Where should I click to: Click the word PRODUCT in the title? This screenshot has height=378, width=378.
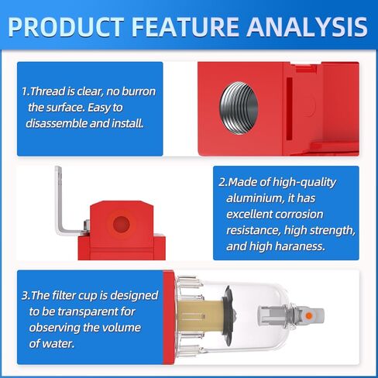(66, 27)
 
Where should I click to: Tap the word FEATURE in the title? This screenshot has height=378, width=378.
(185, 27)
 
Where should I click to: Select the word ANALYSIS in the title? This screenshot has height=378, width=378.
(308, 27)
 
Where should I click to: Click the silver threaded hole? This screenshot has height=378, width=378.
(239, 108)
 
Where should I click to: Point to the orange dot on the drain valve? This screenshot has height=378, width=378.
(309, 316)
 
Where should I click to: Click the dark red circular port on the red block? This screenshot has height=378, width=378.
(121, 224)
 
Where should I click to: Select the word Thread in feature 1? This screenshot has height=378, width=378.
(47, 91)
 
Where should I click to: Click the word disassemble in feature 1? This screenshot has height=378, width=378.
(57, 123)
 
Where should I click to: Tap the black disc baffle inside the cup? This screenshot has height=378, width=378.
(228, 316)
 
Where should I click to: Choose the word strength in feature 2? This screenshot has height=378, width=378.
(332, 231)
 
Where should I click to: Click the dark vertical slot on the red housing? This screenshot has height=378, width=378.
(289, 108)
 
